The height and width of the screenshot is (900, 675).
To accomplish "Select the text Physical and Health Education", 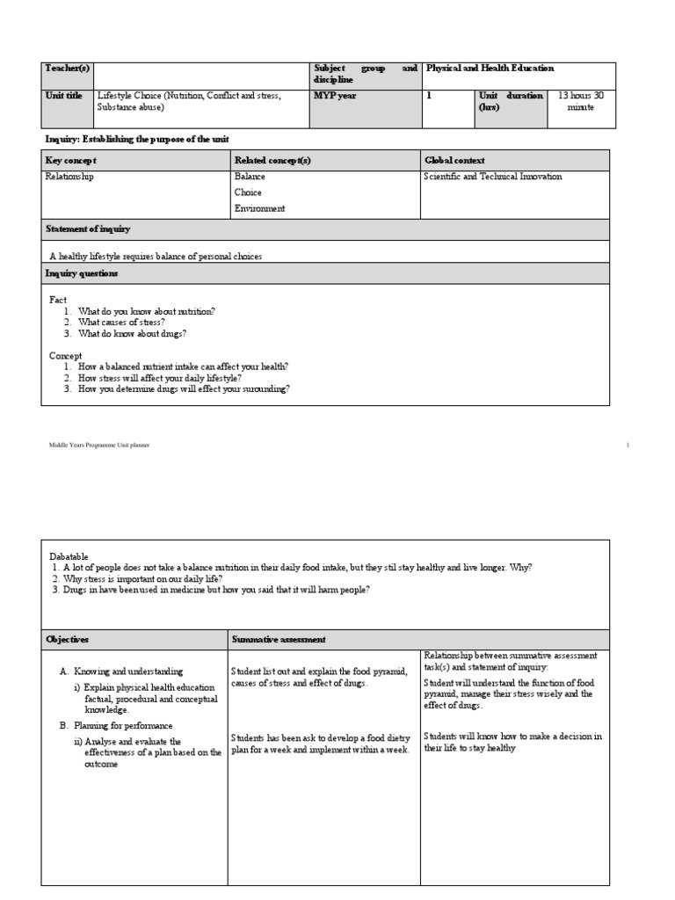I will coord(490,68).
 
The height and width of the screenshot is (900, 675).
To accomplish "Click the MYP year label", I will coord(335,96).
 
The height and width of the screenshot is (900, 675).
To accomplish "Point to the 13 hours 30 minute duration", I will coord(581,101).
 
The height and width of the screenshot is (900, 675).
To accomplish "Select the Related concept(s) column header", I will coord(272,161).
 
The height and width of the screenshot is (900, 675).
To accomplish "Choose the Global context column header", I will coord(454,161).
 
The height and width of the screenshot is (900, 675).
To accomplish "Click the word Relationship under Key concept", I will coord(69,177).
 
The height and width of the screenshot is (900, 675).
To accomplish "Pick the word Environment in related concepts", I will coord(259,208).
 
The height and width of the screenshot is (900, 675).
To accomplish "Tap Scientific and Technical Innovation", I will coord(493,177).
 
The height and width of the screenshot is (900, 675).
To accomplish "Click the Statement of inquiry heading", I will coord(87,229).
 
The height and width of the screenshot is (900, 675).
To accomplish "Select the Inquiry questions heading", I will coord(82,273).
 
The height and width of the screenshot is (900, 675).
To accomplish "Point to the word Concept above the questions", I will coord(65,355).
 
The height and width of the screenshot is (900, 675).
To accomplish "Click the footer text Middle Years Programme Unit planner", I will coord(99,446).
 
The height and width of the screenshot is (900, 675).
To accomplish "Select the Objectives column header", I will coord(68,639).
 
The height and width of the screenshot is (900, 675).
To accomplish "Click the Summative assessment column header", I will coord(280,639).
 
